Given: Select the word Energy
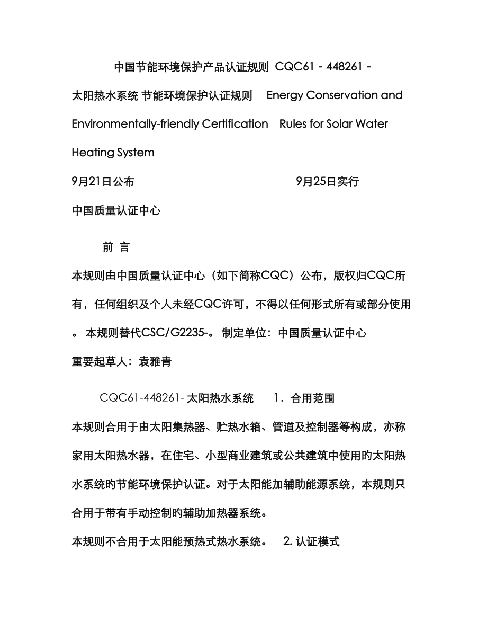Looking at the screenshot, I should click(x=285, y=95).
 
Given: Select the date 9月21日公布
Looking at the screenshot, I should click(x=103, y=182).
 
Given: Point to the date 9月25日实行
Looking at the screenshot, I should click(x=328, y=182).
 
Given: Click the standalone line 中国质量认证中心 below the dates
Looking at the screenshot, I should click(x=116, y=210).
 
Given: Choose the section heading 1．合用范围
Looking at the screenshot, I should click(x=303, y=398).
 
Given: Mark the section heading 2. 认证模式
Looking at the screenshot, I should click(x=311, y=541).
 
